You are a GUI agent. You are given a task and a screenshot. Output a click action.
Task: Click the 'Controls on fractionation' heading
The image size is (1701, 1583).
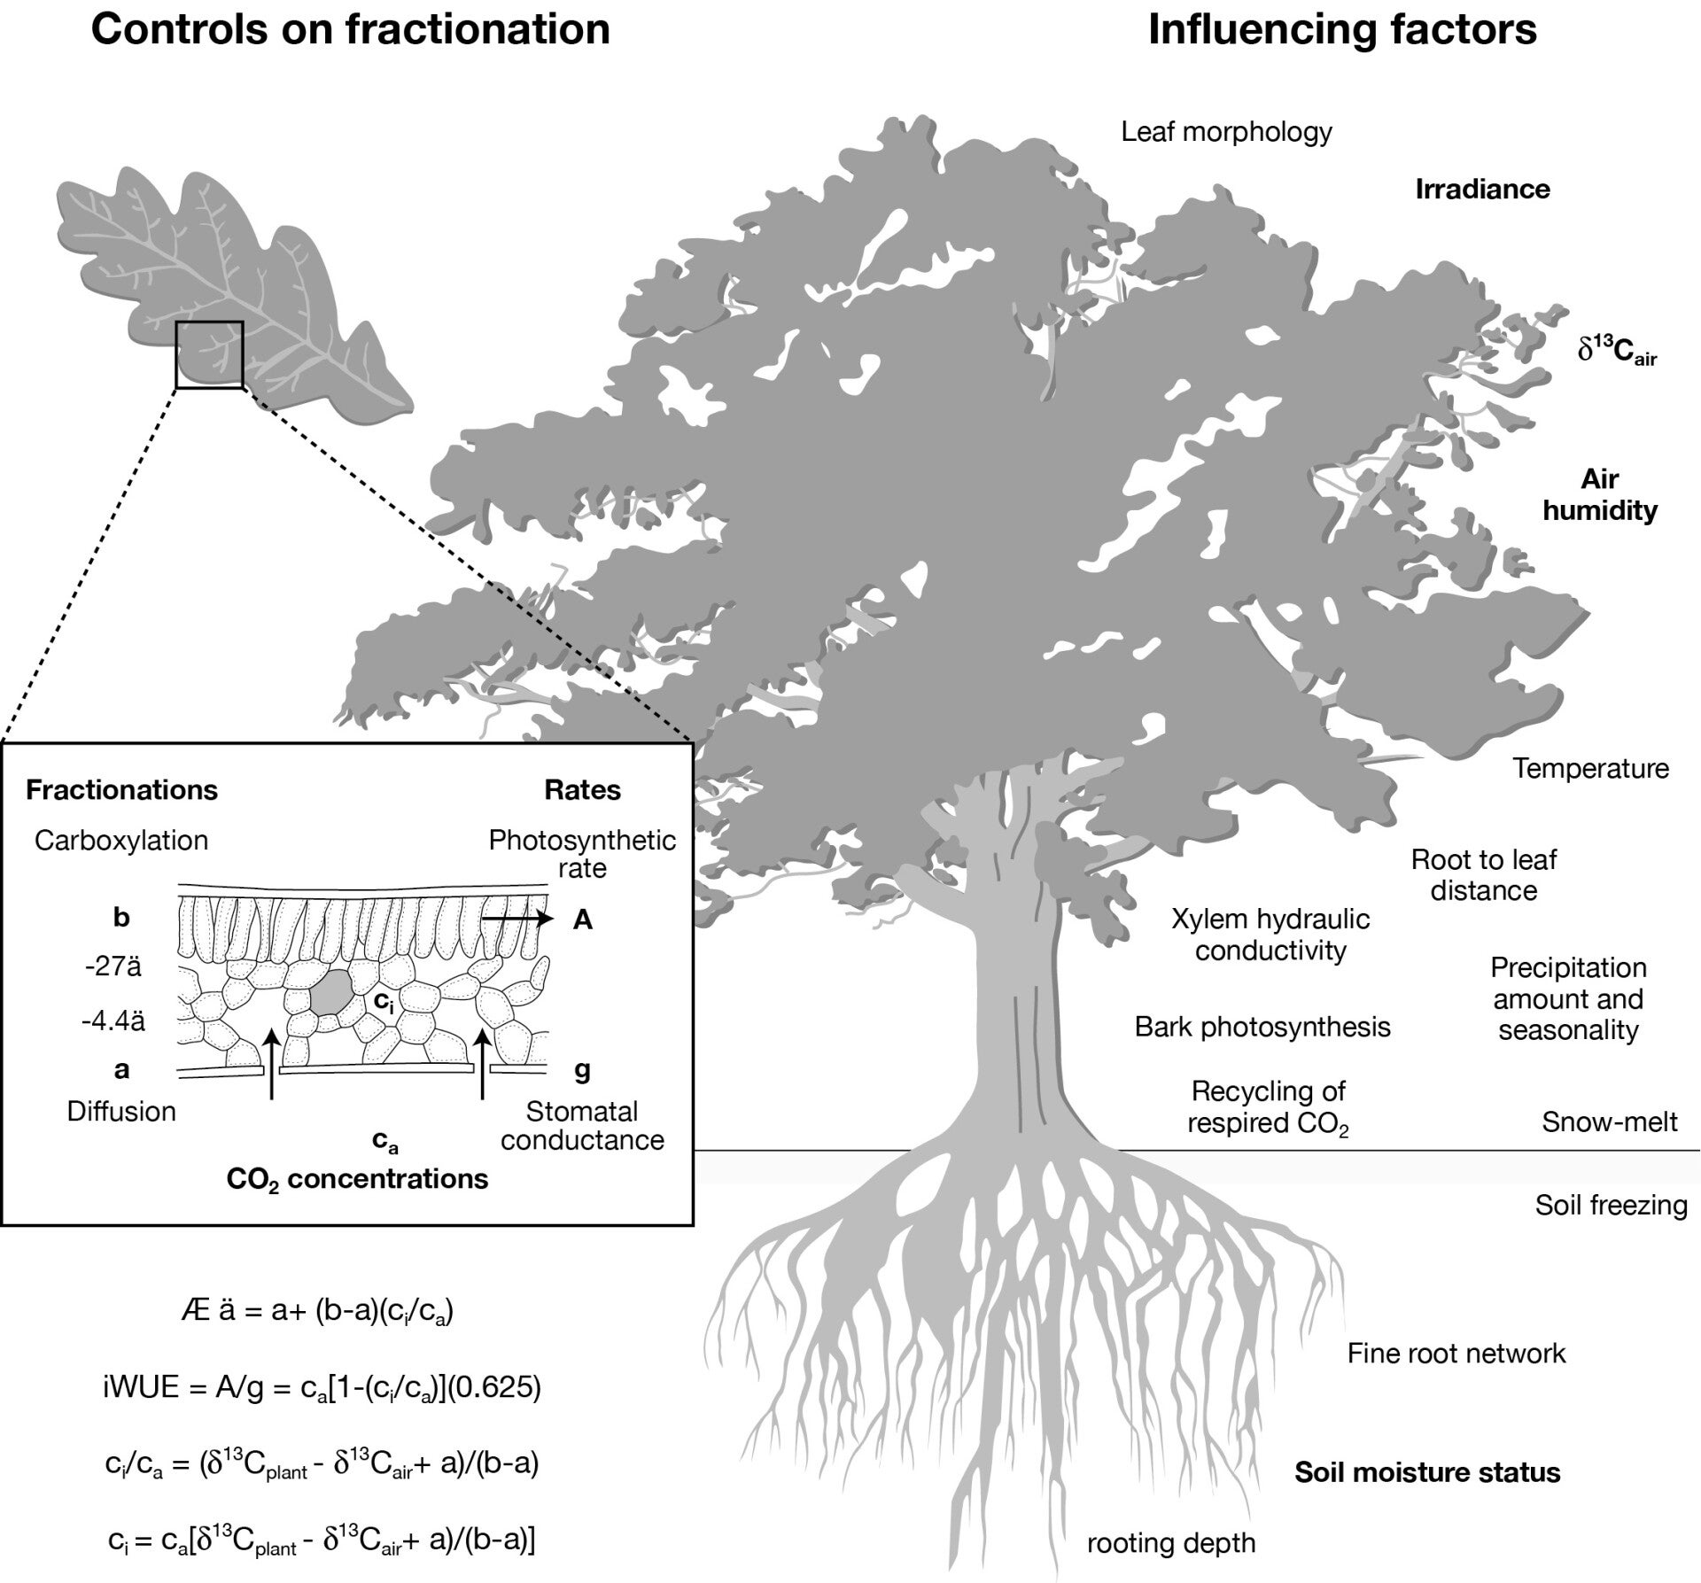(350, 29)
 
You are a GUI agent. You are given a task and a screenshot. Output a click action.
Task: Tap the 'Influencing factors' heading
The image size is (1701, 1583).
(1341, 29)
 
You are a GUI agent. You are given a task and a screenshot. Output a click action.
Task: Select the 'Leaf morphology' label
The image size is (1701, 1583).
(1226, 132)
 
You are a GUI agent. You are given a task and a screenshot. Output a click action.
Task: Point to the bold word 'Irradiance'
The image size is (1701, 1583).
(1482, 189)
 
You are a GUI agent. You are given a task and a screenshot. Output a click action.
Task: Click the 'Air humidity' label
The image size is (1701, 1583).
(1599, 495)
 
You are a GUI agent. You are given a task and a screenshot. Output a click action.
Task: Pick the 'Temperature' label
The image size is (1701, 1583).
(1590, 768)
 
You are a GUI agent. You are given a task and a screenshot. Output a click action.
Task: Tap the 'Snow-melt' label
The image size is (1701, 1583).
(1609, 1122)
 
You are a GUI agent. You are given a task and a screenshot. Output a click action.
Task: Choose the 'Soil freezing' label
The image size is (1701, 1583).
(1611, 1205)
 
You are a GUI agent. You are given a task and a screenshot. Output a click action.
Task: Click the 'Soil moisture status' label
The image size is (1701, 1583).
(1427, 1472)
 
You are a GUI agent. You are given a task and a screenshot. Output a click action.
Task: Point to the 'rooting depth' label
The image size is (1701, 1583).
(1171, 1542)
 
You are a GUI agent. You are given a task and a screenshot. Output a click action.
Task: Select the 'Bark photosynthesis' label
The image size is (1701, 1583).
(1262, 1027)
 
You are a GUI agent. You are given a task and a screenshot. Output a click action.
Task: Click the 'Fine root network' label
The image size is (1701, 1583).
(1456, 1353)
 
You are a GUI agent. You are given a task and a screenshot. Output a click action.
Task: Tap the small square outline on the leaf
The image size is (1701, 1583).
(209, 354)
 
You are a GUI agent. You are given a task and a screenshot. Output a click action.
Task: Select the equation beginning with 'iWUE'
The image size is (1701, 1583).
(321, 1387)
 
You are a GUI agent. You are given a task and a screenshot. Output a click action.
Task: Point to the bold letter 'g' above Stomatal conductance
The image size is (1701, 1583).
(582, 1070)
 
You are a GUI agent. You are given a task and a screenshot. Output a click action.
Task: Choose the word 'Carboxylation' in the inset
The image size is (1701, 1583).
(121, 841)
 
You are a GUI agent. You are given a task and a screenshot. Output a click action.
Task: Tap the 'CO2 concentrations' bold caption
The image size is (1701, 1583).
(357, 1179)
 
